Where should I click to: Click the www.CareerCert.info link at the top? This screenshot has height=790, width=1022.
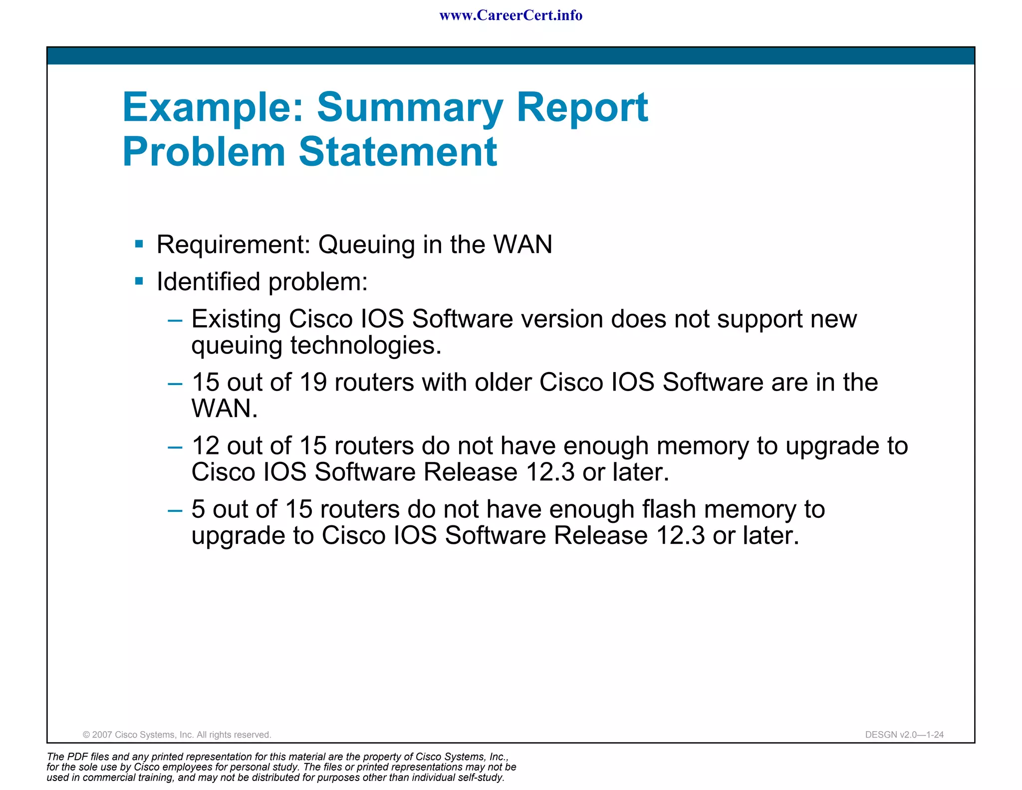(511, 15)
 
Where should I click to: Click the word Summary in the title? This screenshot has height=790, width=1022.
(410, 108)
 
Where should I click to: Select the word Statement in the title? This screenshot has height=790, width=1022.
(398, 151)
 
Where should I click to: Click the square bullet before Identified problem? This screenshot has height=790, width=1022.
(139, 282)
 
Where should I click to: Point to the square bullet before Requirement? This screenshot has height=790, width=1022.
(139, 244)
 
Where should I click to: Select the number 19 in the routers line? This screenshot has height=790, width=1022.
(313, 383)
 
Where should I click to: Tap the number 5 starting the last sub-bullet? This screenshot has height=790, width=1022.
(198, 509)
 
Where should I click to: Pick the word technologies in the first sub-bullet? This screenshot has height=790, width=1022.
(366, 346)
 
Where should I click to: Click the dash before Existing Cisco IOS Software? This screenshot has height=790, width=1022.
(175, 320)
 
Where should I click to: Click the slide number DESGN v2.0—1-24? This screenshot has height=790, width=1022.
(904, 735)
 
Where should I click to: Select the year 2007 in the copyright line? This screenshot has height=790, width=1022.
(102, 735)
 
